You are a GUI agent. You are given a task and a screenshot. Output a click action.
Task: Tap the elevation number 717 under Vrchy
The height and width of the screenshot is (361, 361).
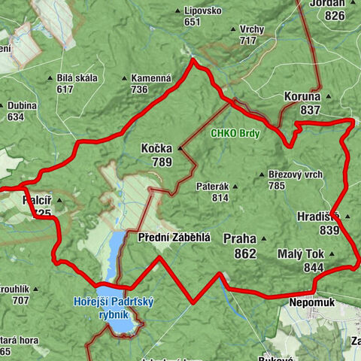click(x=247, y=40)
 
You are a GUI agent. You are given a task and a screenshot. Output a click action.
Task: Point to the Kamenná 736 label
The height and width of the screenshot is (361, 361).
click(x=149, y=83)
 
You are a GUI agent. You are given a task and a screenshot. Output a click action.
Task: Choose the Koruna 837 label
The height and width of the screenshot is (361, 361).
click(x=302, y=103)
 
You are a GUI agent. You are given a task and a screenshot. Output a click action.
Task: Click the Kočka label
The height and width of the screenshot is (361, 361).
click(x=156, y=148)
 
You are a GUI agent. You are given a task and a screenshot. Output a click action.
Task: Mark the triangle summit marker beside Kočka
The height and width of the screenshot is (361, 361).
click(x=179, y=148)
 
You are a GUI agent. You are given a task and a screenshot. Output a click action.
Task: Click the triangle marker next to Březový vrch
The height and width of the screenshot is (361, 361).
click(x=260, y=174)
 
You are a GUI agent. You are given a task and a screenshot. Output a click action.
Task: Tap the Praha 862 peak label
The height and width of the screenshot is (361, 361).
click(x=240, y=246)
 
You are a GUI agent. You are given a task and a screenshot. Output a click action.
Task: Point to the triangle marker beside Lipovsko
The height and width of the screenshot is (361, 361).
click(x=178, y=11)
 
